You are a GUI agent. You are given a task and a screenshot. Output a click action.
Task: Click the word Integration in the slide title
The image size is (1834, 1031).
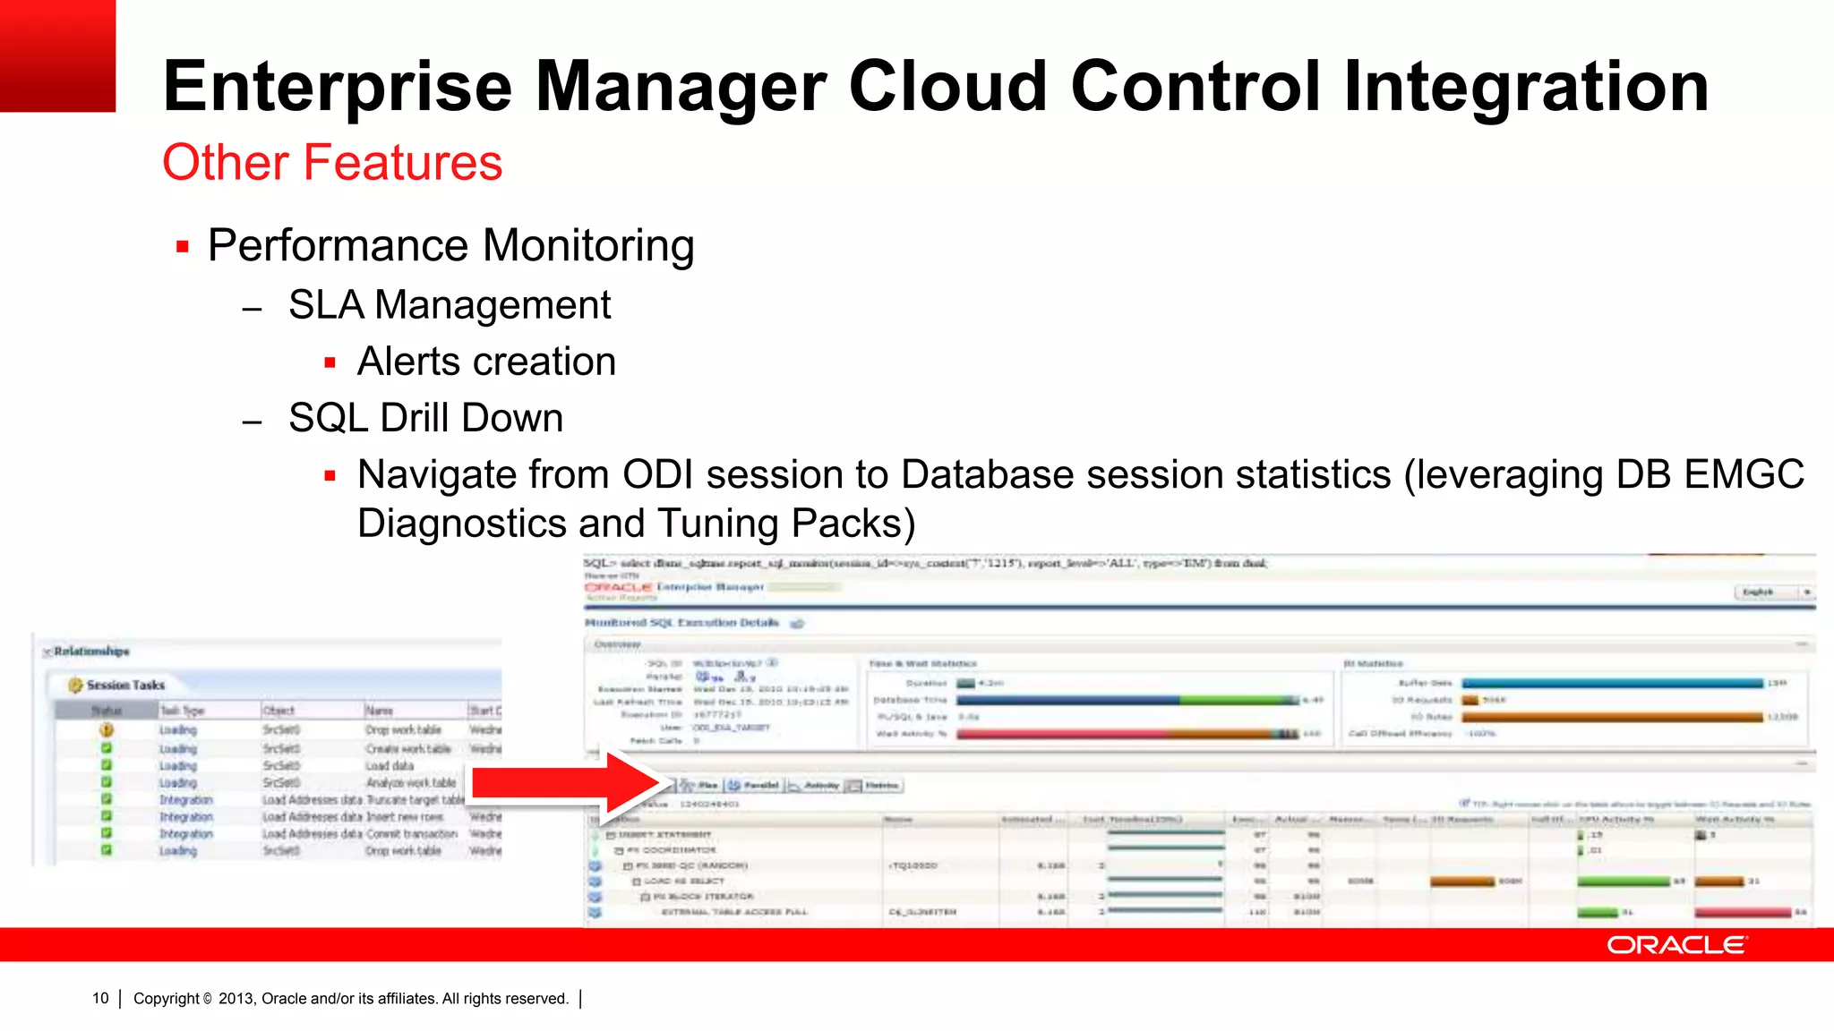(x=1525, y=87)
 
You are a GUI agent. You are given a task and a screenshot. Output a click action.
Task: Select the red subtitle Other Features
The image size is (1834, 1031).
(x=332, y=163)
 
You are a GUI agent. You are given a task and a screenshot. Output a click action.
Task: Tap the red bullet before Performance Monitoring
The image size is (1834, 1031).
(x=183, y=247)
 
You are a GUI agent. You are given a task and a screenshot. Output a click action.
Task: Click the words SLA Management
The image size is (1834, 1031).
(x=449, y=305)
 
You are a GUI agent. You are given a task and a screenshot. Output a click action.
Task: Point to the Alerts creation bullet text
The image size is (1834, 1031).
(x=485, y=362)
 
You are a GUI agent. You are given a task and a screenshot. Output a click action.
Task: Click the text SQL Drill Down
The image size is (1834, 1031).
(x=425, y=418)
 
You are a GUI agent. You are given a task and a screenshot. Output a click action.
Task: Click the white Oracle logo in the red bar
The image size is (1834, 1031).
(x=1675, y=945)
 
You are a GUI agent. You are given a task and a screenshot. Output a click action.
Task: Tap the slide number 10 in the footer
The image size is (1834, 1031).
(x=100, y=999)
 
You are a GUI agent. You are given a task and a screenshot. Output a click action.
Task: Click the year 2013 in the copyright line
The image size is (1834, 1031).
(x=236, y=999)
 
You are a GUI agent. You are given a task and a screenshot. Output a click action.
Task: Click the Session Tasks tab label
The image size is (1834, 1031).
(x=125, y=685)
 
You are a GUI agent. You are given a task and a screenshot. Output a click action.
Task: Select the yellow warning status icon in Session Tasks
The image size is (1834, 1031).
(x=107, y=729)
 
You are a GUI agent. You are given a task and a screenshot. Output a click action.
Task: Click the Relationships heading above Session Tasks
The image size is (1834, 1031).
(x=91, y=651)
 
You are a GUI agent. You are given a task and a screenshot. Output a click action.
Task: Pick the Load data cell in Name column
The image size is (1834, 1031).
(x=390, y=766)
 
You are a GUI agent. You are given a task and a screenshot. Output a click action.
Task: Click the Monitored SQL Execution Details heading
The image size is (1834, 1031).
(x=681, y=622)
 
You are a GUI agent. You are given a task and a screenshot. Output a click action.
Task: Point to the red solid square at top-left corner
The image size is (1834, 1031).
(x=57, y=55)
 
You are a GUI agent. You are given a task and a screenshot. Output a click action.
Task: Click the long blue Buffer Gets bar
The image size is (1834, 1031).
(x=1612, y=683)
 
